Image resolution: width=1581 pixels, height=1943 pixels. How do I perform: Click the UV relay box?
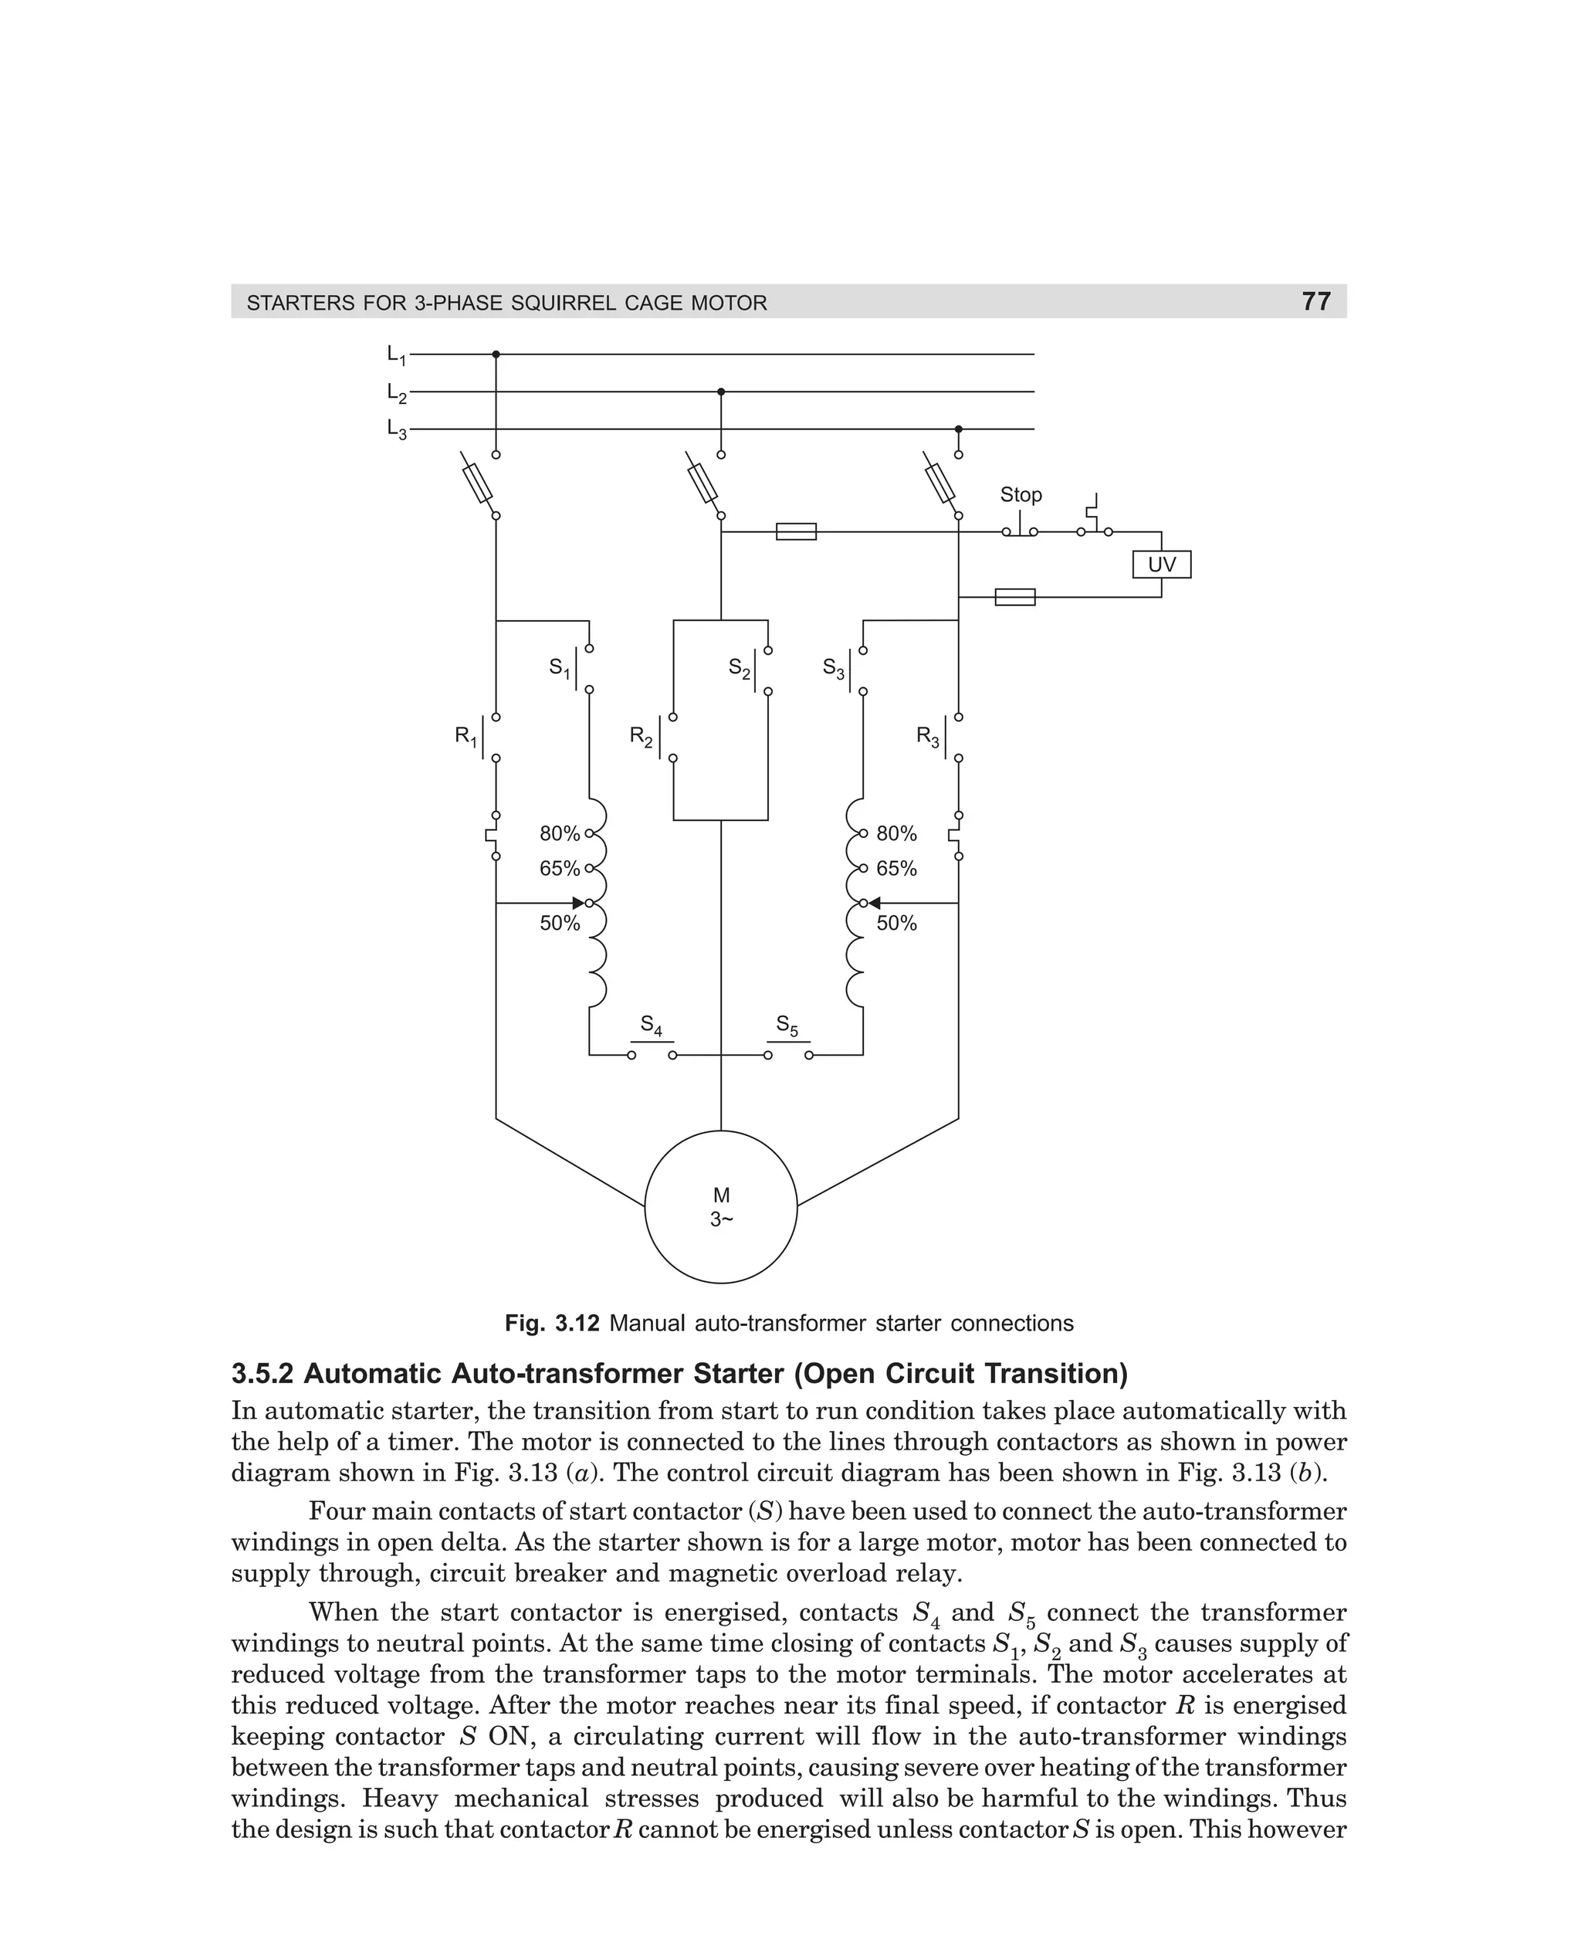pos(1161,565)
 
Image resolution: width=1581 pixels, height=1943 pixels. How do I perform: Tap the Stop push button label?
pos(1020,495)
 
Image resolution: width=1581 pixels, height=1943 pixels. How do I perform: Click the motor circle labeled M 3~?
pos(720,1206)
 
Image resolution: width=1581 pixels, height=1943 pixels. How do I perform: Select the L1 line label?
pos(396,354)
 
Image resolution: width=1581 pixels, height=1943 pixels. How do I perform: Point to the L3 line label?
pos(396,429)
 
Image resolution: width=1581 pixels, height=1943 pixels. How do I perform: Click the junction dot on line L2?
pos(720,392)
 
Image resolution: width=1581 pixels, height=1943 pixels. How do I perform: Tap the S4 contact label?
pos(652,1025)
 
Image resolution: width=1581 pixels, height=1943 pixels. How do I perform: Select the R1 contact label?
pos(465,736)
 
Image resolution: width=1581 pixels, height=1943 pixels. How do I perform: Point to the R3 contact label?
pos(927,736)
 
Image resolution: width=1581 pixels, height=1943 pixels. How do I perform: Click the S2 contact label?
pos(740,670)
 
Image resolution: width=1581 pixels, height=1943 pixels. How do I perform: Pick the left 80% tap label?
pos(559,833)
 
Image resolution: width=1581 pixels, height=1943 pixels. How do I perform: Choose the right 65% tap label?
pos(896,869)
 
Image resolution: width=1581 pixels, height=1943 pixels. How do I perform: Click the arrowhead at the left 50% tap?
pos(578,903)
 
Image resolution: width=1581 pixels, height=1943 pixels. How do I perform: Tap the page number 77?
pos(1316,301)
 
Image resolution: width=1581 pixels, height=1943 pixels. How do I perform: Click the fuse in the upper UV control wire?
pos(796,531)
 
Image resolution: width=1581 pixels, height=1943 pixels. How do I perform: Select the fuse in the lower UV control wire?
pos(1014,598)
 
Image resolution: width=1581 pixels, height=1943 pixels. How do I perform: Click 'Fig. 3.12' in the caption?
pos(552,1324)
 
